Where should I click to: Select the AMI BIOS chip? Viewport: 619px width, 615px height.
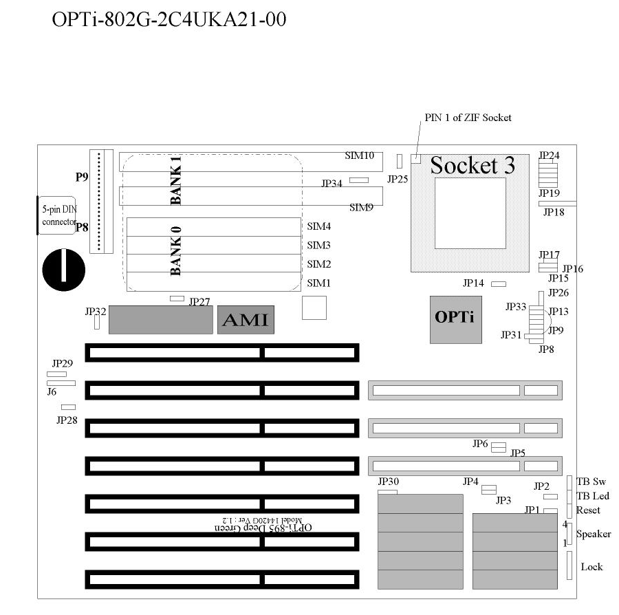(x=246, y=320)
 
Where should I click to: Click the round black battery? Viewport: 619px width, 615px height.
(x=63, y=269)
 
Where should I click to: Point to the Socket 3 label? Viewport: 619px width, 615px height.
(x=473, y=165)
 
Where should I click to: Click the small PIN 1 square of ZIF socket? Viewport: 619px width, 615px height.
(x=416, y=159)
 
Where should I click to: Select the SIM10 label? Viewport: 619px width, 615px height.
(x=359, y=155)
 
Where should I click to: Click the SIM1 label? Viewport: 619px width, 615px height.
(x=318, y=283)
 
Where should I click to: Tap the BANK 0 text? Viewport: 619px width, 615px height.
(x=176, y=250)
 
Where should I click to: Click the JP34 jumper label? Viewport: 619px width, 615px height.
(x=332, y=184)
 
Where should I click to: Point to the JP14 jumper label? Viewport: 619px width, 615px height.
(x=473, y=283)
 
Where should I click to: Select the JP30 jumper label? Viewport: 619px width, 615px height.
(x=389, y=482)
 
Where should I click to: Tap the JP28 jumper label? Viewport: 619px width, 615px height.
(x=67, y=420)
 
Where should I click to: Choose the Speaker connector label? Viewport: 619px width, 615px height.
(x=593, y=534)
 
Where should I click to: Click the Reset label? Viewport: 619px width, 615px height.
(x=588, y=510)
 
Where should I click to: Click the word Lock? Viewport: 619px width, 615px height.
(x=591, y=567)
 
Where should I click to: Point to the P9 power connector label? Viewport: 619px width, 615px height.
(x=82, y=177)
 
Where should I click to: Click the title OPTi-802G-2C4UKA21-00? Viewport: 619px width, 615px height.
(x=169, y=20)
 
